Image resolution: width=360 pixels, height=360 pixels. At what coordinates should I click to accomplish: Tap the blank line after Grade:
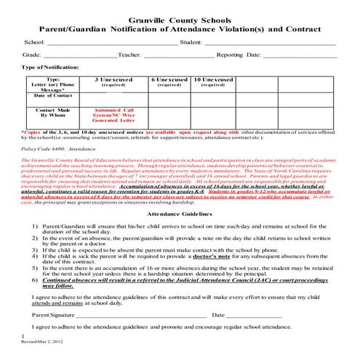tap(80, 56)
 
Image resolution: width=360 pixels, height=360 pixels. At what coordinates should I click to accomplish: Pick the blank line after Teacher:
tap(178, 56)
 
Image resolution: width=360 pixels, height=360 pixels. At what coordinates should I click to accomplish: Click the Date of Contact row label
tap(53, 95)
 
